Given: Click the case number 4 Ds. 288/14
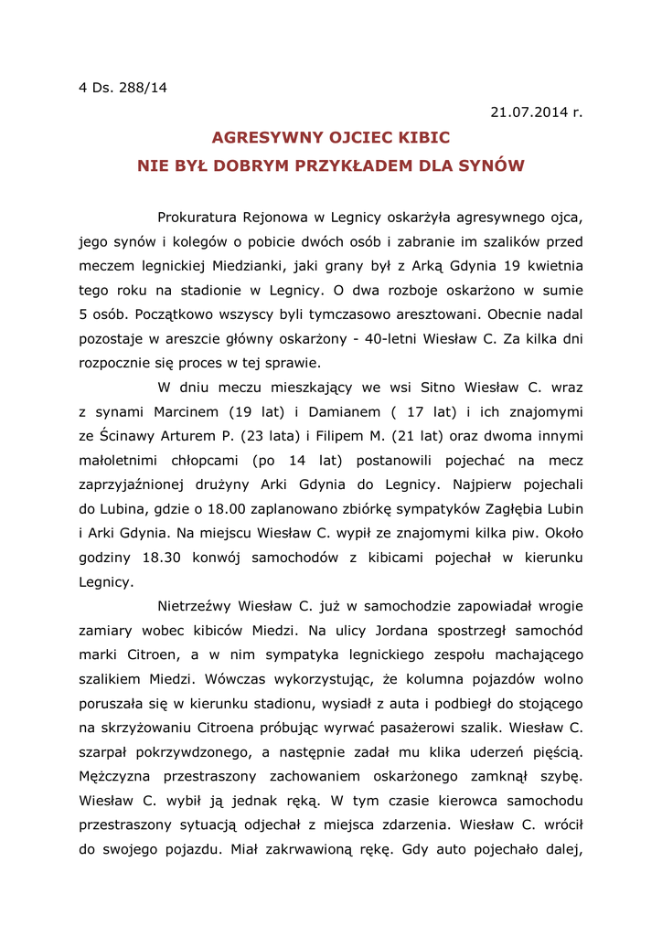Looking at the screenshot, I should pyautogui.click(x=123, y=88).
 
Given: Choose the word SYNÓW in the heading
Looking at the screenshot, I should pyautogui.click(x=493, y=165).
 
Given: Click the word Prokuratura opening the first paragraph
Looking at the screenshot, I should pyautogui.click(x=196, y=218).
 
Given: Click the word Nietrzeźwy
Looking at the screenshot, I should pyautogui.click(x=194, y=605).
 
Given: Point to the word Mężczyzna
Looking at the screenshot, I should pyautogui.click(x=123, y=775).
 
